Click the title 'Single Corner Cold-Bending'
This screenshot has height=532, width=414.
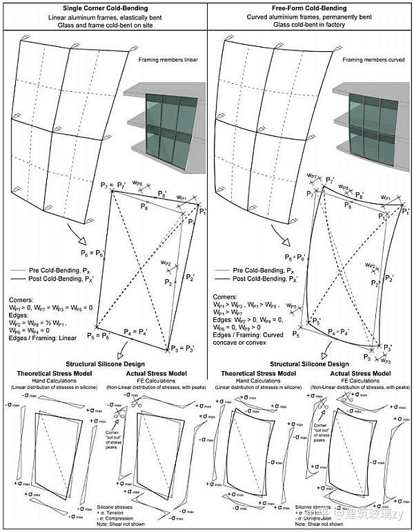pos(103,7)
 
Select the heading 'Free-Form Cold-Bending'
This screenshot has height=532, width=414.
pos(310,7)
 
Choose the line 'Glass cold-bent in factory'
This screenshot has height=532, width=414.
pos(310,24)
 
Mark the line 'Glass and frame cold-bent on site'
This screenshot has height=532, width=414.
pos(103,24)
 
